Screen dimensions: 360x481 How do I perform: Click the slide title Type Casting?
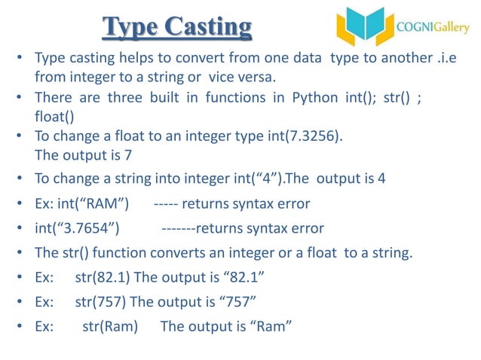tap(177, 28)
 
